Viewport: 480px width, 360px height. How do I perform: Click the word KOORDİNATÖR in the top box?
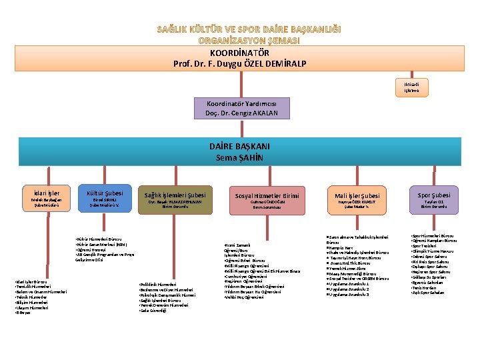(x=239, y=53)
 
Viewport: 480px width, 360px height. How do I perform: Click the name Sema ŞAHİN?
(x=239, y=157)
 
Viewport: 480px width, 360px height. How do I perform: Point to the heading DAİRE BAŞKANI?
(x=239, y=147)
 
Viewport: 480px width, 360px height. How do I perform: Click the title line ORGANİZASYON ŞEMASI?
(x=239, y=41)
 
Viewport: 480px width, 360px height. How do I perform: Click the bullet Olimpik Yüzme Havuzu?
(x=436, y=252)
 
